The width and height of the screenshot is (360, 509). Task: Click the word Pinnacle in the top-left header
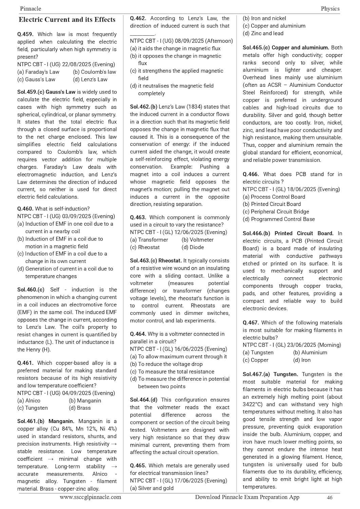(31, 8)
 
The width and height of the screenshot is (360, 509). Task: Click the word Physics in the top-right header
(330, 8)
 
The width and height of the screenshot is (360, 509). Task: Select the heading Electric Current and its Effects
(67, 20)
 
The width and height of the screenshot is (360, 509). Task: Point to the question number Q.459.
(25, 34)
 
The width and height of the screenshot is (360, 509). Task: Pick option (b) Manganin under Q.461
(85, 400)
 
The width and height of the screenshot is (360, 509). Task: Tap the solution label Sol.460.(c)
(31, 290)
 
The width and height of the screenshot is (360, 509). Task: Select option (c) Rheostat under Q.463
(145, 247)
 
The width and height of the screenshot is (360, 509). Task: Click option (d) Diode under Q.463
(193, 247)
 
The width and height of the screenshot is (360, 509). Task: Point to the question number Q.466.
(251, 174)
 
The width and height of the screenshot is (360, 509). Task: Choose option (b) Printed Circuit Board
(272, 204)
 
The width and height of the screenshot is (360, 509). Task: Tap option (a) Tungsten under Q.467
(258, 353)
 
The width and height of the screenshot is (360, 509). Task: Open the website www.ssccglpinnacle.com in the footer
(90, 497)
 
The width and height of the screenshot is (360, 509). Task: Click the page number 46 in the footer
(329, 498)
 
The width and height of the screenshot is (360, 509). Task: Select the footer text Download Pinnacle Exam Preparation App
(247, 497)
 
